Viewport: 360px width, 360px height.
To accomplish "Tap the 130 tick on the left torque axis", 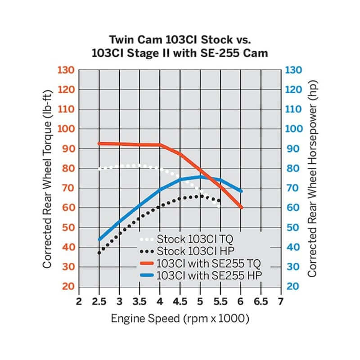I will pos(66,70).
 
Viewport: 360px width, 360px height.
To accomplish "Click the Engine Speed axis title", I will pos(180,319).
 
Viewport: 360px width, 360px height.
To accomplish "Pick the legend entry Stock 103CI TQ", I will pos(191,238).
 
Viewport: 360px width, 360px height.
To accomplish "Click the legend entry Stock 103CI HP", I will pos(191,251).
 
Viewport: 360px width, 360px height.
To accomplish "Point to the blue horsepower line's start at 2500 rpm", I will pos(99,239).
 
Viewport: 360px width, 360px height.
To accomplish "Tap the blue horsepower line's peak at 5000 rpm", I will pos(200,177).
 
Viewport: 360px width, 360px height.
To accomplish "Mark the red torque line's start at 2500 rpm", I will pos(99,144).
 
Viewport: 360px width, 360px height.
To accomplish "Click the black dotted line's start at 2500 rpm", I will pos(99,253).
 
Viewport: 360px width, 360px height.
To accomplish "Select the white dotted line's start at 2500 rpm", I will pos(99,169).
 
